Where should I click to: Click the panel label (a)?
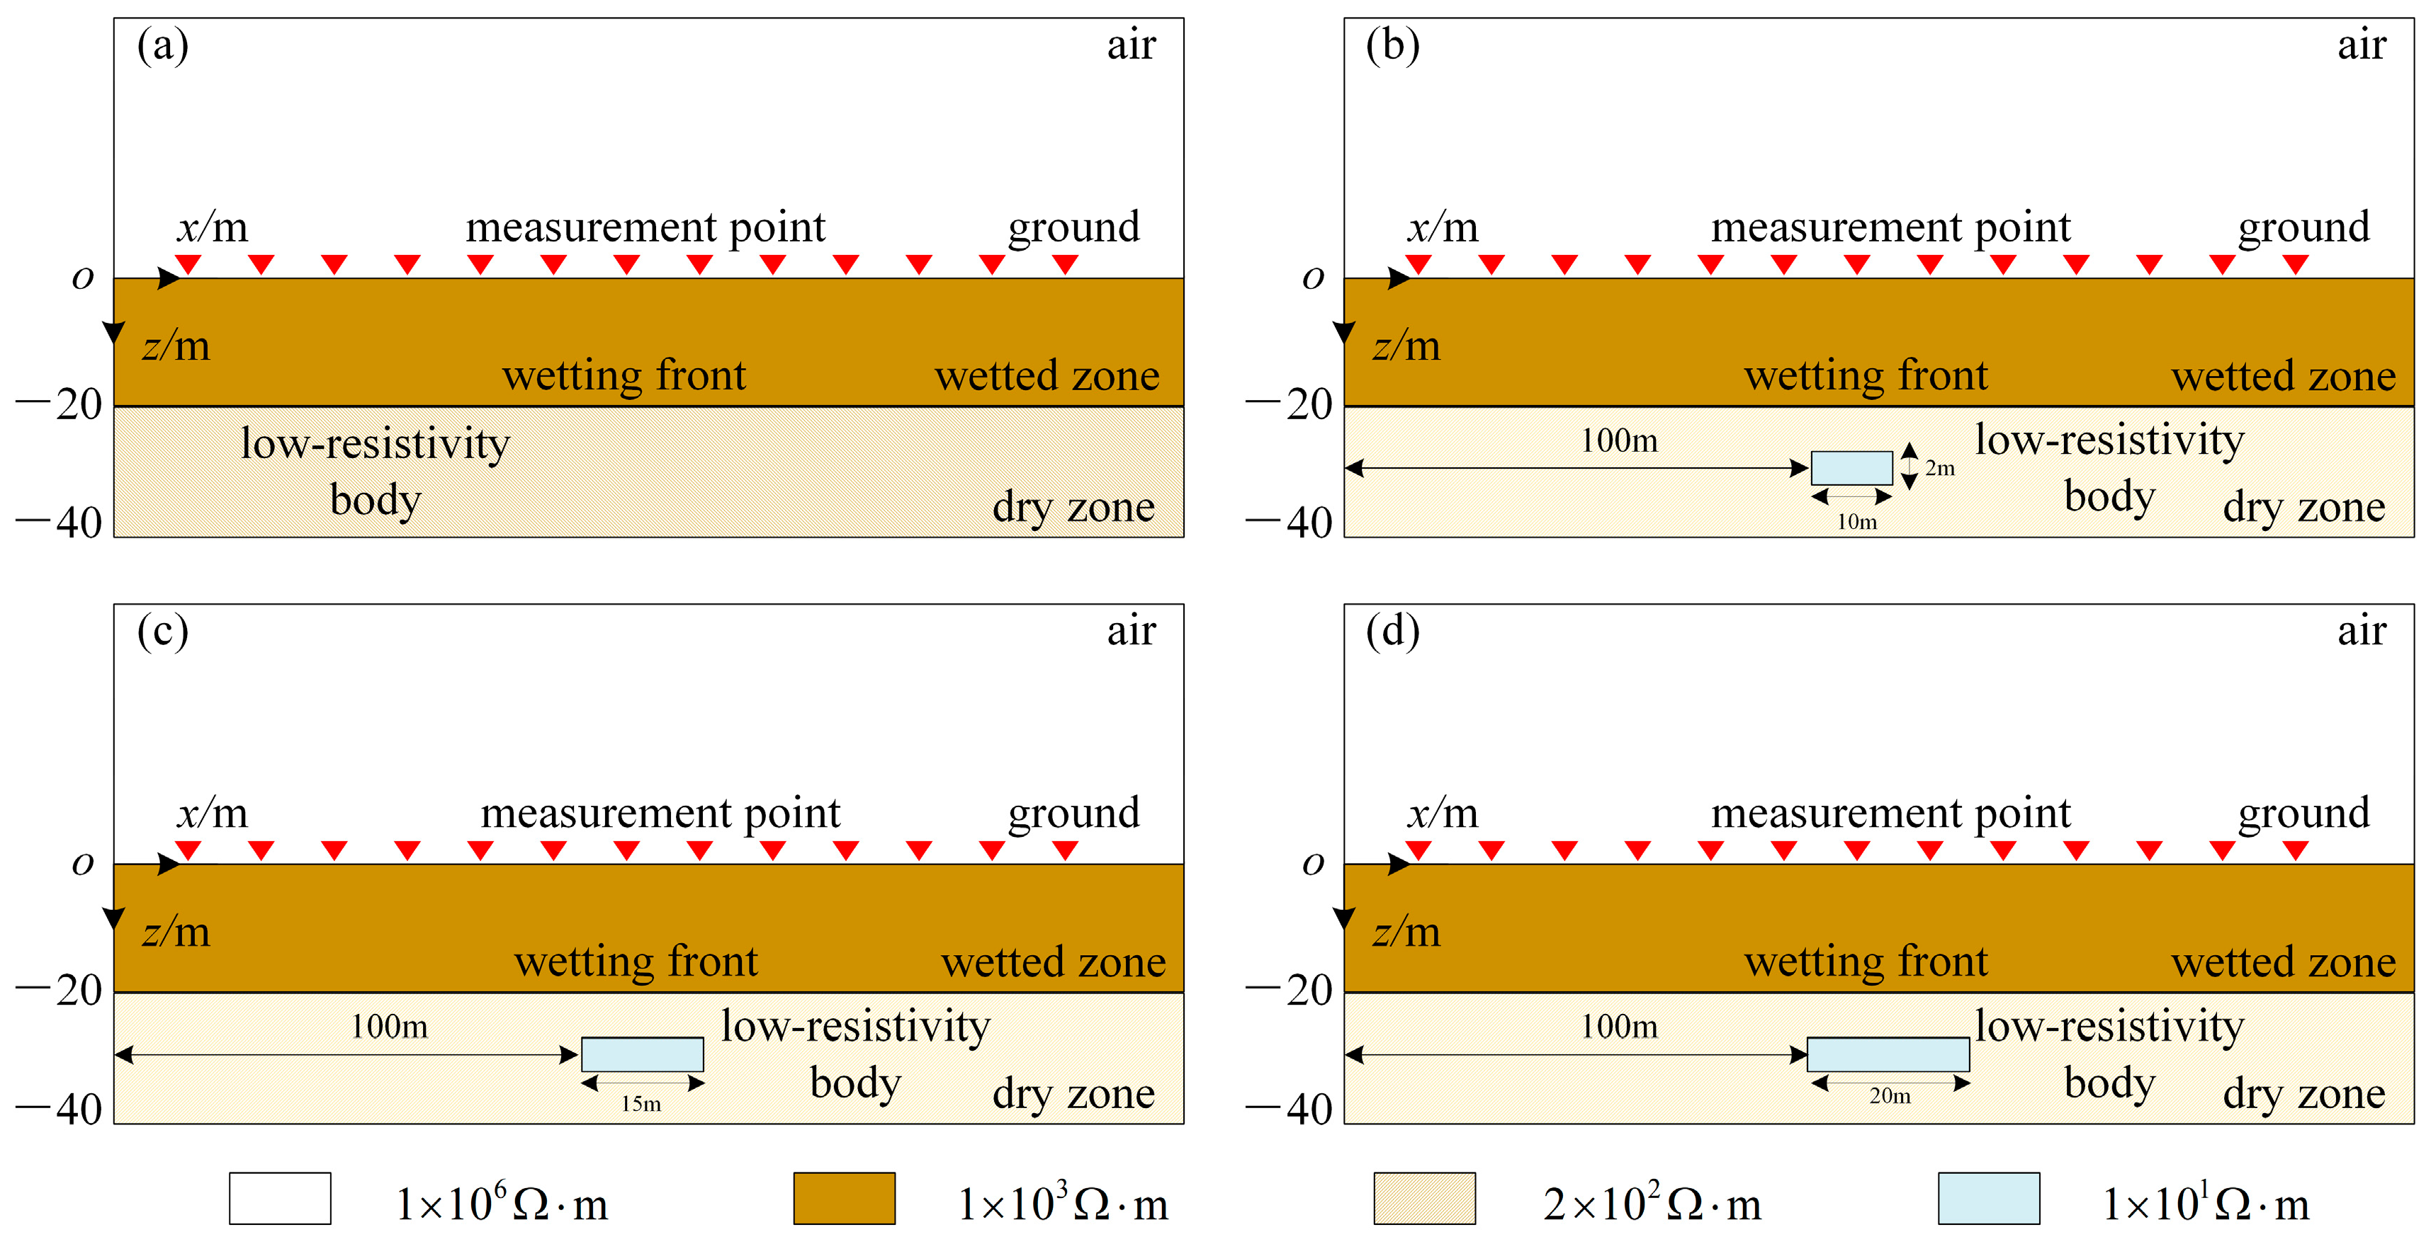[x=162, y=45]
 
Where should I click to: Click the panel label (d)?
[x=1392, y=630]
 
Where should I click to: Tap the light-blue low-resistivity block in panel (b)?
[x=1851, y=468]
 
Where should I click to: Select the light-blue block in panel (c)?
[x=642, y=1054]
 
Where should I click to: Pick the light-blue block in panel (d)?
[x=1888, y=1054]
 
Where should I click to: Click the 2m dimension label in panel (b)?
[x=1939, y=468]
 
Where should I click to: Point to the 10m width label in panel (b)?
[x=1856, y=522]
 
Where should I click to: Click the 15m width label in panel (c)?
[x=641, y=1104]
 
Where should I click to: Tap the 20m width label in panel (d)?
[x=1889, y=1096]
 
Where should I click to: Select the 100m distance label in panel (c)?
[x=389, y=1027]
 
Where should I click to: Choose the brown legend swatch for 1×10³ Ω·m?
[x=844, y=1198]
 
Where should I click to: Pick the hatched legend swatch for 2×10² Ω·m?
[x=1424, y=1198]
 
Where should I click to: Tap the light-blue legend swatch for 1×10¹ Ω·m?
[x=1988, y=1198]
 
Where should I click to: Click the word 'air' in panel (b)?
[x=2361, y=45]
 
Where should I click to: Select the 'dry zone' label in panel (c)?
[x=1073, y=1093]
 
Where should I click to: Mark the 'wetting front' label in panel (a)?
[x=624, y=375]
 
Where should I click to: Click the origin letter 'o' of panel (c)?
[x=83, y=863]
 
